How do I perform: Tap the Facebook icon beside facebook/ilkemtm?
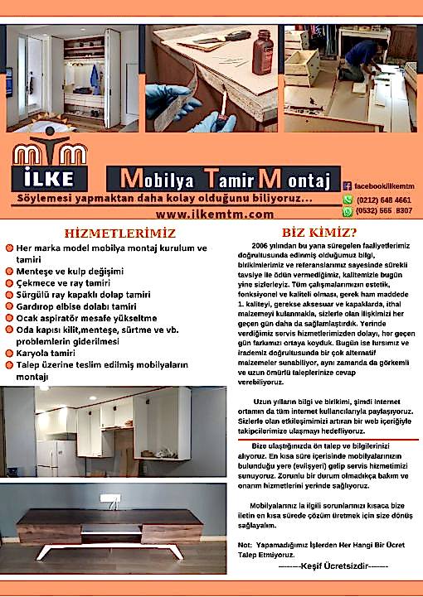tap(348, 187)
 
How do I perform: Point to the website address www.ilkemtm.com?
tap(226, 214)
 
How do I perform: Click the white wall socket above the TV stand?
tap(109, 498)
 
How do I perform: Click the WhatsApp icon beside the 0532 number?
tap(348, 211)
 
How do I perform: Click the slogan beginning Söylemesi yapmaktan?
tap(164, 199)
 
